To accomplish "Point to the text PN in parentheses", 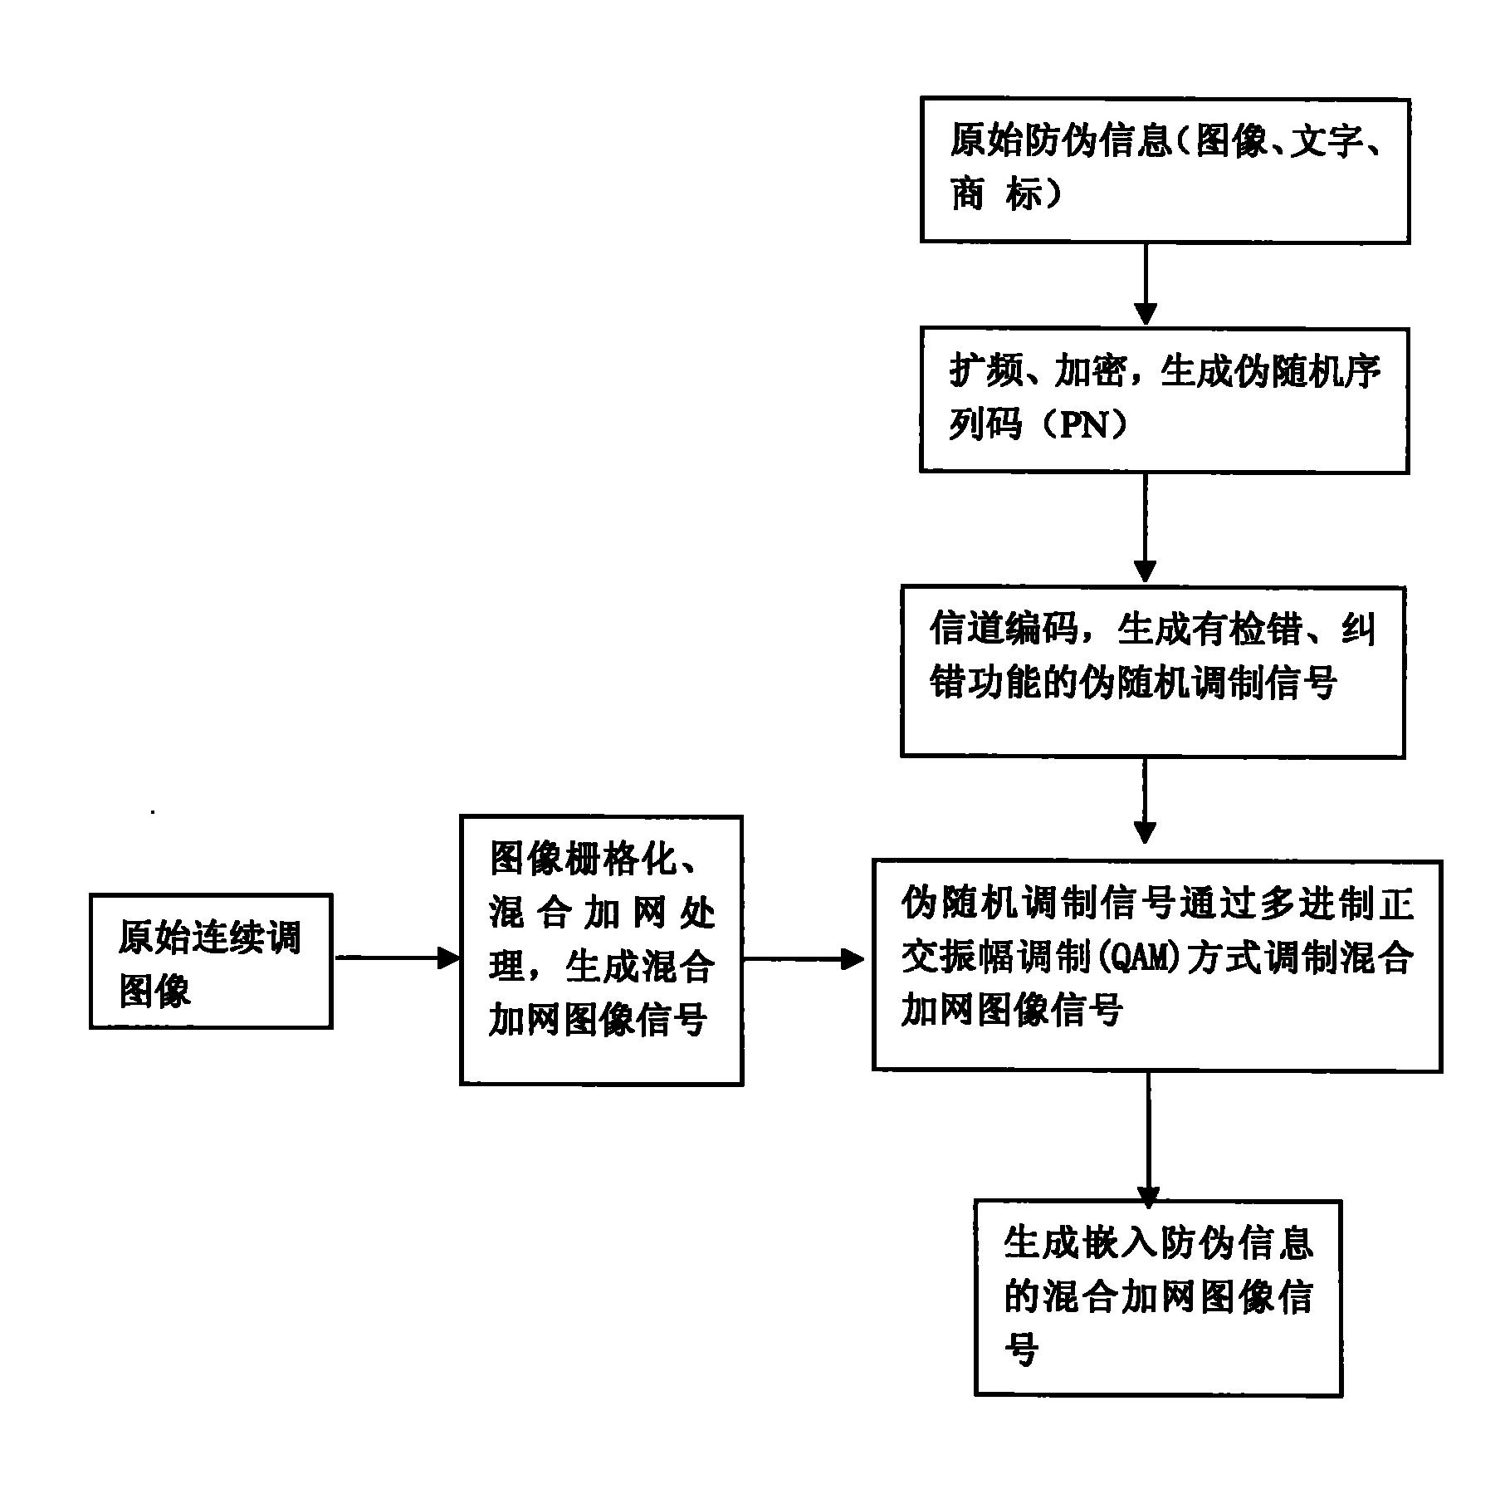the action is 1087,426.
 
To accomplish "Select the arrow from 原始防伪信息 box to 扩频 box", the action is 1146,285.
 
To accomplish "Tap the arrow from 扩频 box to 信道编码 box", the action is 1145,529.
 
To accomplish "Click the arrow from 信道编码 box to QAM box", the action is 1145,801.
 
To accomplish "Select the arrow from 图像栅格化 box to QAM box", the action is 804,960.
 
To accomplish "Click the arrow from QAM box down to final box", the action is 1149,1139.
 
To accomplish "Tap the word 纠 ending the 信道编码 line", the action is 1358,629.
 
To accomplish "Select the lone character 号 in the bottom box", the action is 1022,1349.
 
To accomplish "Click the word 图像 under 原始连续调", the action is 155,990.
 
